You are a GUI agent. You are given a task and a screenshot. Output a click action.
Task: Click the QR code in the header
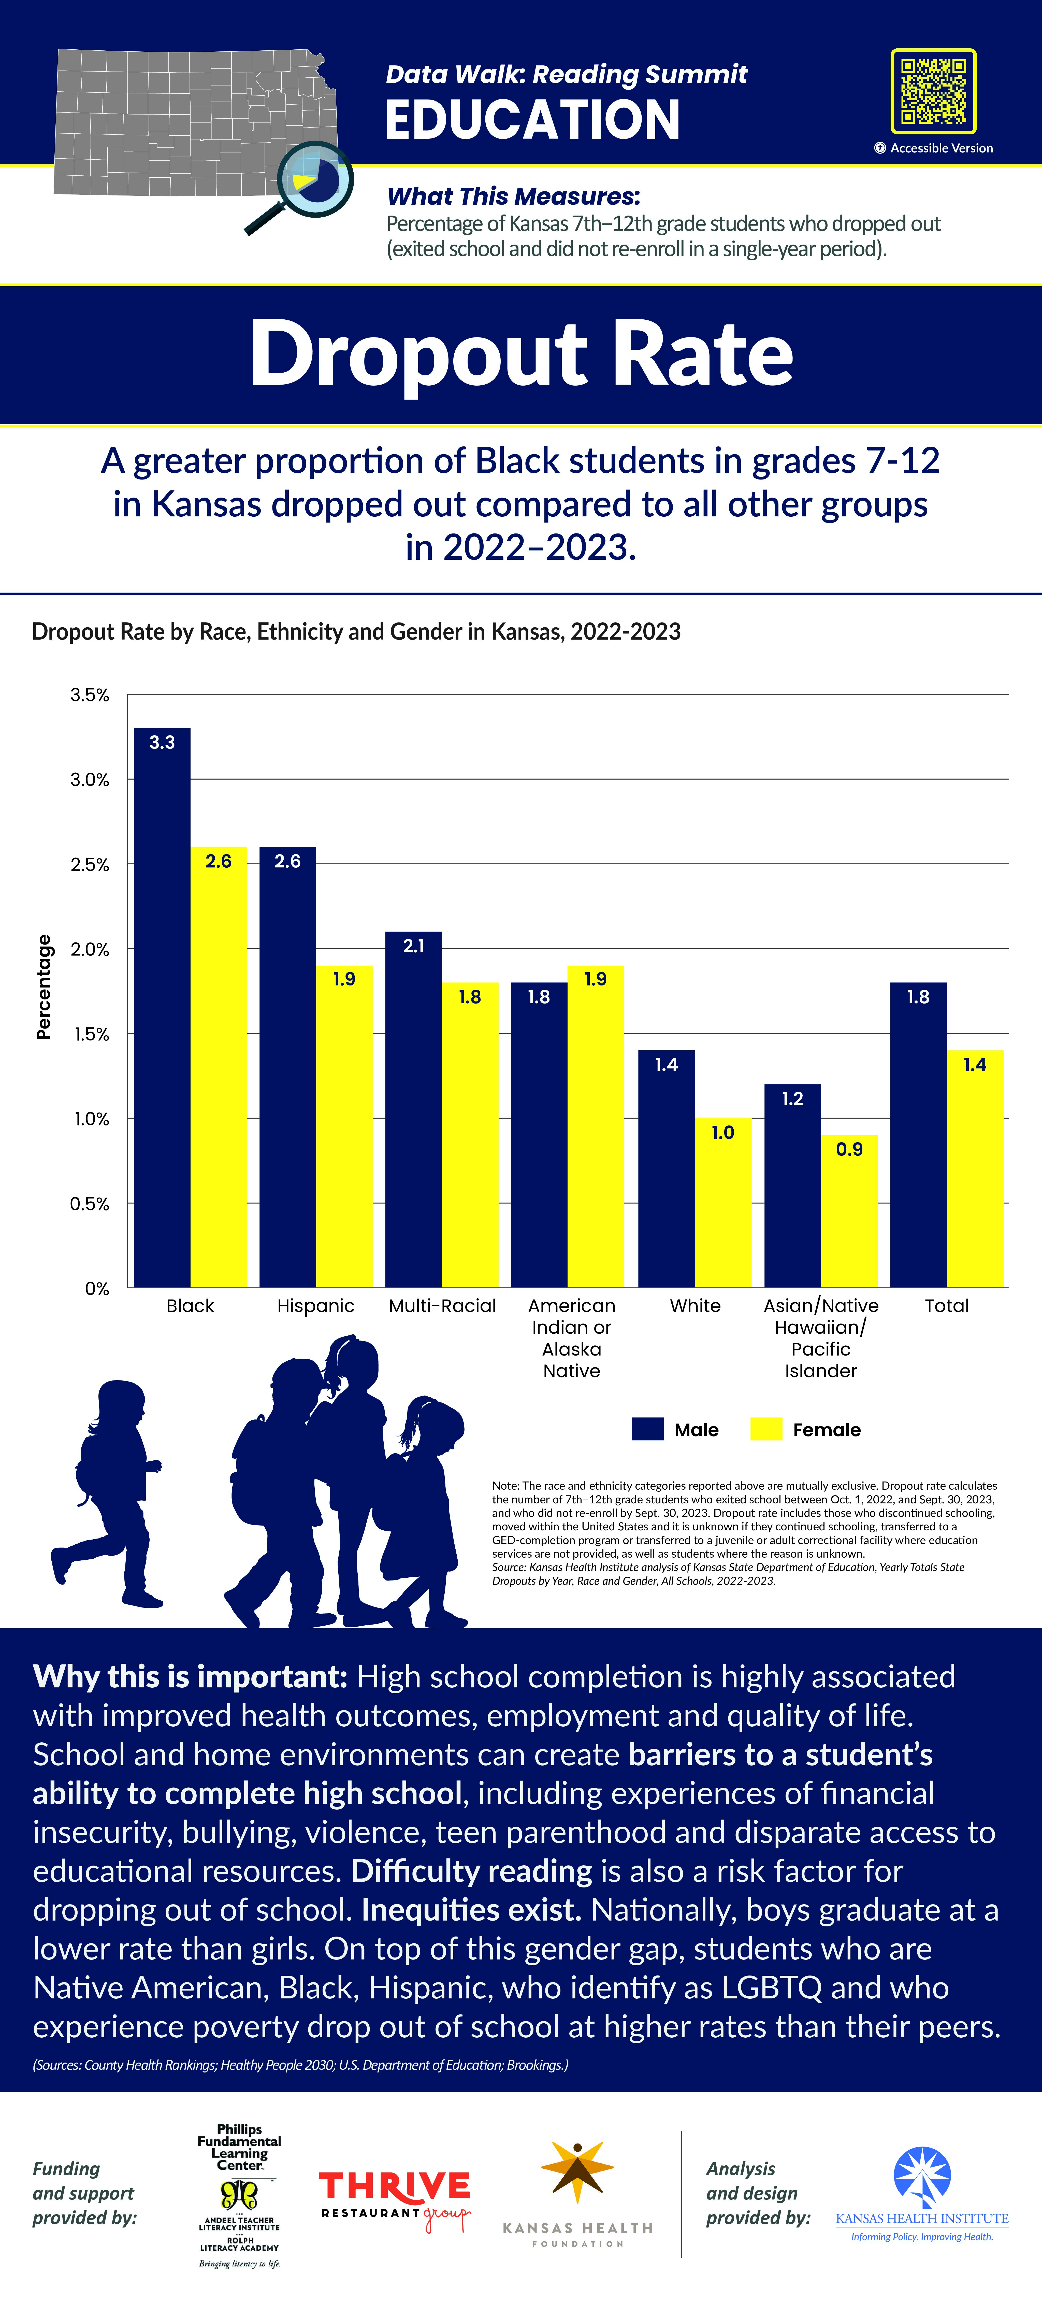pyautogui.click(x=933, y=91)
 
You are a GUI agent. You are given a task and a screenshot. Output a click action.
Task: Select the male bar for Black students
pyautogui.click(x=163, y=1007)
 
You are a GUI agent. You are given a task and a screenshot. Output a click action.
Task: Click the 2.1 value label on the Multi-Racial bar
pyautogui.click(x=414, y=946)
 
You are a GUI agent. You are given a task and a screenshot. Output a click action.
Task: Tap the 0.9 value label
pyautogui.click(x=849, y=1149)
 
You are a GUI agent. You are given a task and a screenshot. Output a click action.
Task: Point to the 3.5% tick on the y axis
pyautogui.click(x=90, y=695)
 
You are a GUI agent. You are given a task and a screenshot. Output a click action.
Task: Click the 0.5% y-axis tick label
pyautogui.click(x=90, y=1203)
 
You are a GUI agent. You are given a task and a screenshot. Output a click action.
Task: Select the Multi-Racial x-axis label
pyautogui.click(x=442, y=1306)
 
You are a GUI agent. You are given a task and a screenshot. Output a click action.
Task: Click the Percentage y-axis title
pyautogui.click(x=43, y=987)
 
